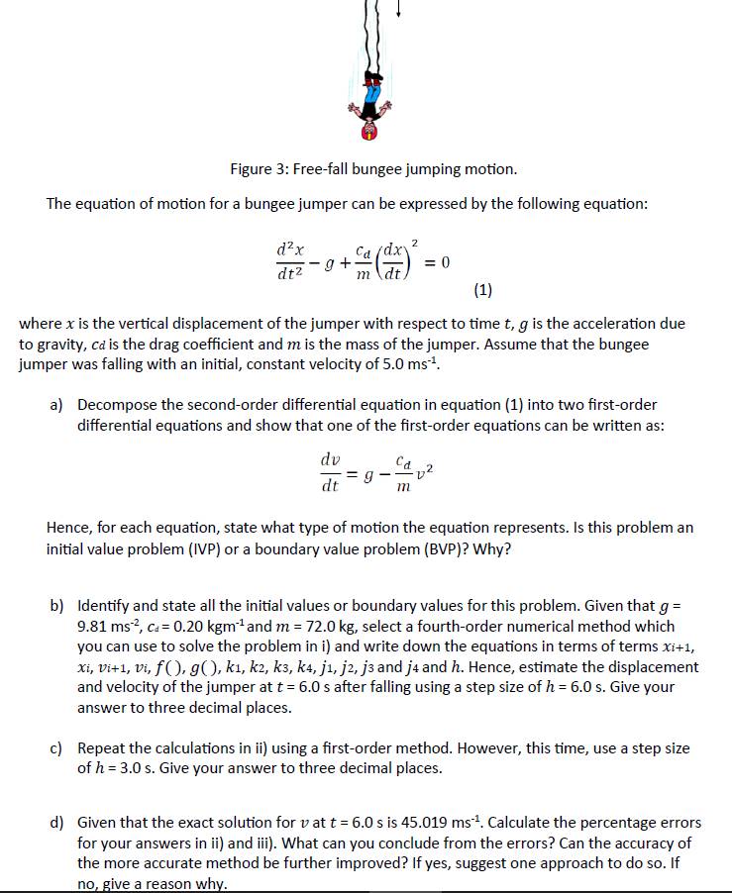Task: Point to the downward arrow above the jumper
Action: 397,9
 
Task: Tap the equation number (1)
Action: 482,290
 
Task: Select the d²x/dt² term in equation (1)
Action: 292,262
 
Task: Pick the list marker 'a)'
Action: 57,405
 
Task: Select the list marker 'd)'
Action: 57,823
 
